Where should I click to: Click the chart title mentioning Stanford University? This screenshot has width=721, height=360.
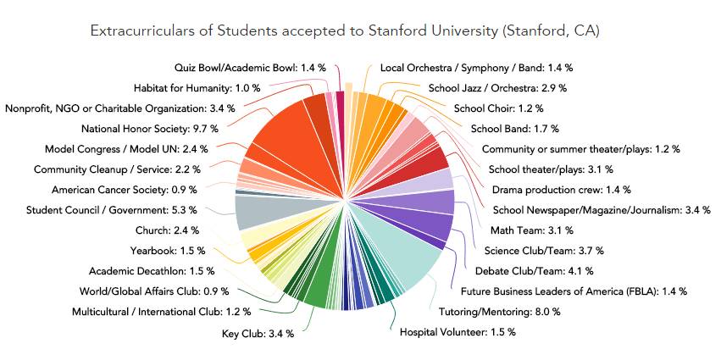tap(344, 31)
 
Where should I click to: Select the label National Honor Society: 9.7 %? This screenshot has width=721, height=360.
tap(150, 129)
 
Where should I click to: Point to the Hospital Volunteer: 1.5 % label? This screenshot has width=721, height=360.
tap(458, 332)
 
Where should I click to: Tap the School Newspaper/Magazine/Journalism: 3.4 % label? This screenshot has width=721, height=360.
tap(602, 209)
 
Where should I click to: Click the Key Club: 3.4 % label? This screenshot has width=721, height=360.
tap(258, 333)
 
